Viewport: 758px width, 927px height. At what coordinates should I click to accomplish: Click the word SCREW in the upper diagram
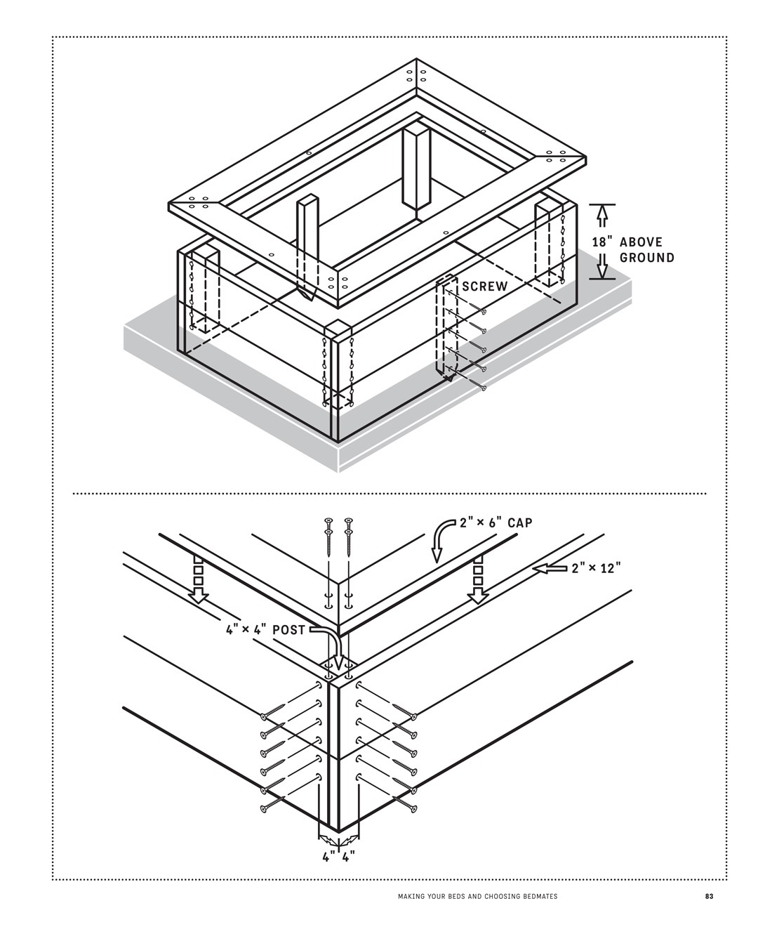tap(484, 287)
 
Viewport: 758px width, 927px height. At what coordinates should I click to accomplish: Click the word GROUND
tap(646, 258)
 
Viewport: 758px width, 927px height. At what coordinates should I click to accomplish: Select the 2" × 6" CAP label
tap(496, 523)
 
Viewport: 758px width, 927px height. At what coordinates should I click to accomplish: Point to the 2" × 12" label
tap(597, 567)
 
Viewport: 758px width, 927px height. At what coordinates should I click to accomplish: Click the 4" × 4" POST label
tap(265, 630)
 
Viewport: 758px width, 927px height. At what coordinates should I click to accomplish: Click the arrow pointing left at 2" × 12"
tap(549, 567)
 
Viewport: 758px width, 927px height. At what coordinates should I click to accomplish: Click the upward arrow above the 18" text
tap(601, 216)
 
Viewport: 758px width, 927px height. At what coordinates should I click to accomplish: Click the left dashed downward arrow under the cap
tap(199, 580)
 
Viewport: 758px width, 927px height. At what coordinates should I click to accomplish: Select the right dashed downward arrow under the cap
tap(478, 580)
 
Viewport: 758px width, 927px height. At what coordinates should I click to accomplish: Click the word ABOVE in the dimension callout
tap(641, 242)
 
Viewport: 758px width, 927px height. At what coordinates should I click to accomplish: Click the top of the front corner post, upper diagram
tap(337, 329)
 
